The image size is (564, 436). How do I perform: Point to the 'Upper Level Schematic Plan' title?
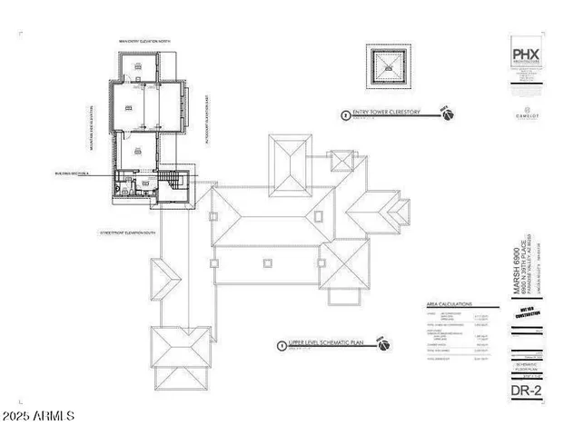coord(328,344)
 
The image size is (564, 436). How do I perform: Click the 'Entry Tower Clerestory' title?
coord(390,114)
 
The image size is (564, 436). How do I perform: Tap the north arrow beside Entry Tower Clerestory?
coord(446,113)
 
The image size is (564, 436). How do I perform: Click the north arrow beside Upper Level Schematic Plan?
coord(383,345)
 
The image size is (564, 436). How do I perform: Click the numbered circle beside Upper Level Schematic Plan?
coord(282,345)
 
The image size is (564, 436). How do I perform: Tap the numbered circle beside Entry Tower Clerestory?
coord(343,115)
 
